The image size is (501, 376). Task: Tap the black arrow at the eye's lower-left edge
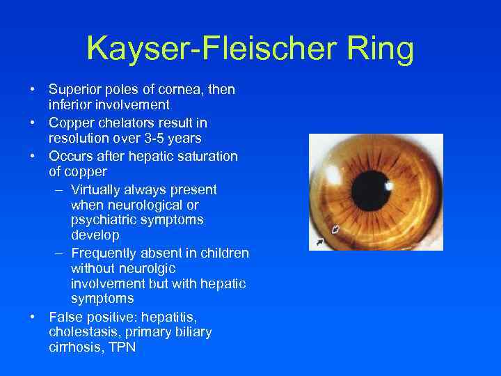[319, 242]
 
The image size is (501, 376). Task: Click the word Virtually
[98, 189]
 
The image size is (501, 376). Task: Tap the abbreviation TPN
[121, 348]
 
